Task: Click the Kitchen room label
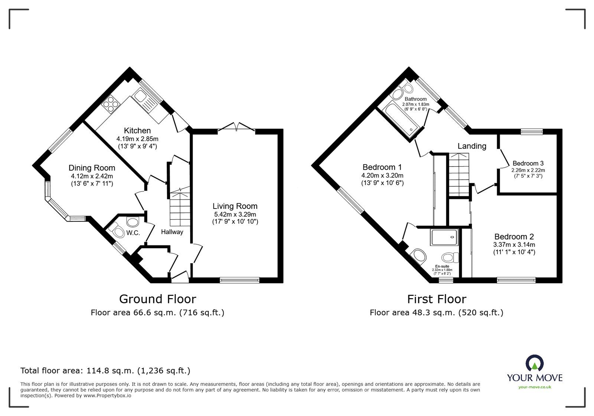[x=137, y=130]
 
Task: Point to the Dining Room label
[x=92, y=168]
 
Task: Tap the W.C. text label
[x=133, y=233]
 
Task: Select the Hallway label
[x=172, y=232]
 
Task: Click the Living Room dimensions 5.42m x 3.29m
[x=235, y=215]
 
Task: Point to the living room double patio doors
[x=236, y=127]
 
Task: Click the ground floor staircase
[x=180, y=208]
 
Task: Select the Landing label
[x=471, y=146]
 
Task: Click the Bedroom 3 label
[x=528, y=163]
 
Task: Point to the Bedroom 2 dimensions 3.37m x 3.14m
[x=514, y=245]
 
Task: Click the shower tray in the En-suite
[x=444, y=237]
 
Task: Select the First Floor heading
[x=436, y=299]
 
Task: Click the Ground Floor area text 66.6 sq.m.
[x=157, y=313]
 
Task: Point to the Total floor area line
[x=105, y=371]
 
